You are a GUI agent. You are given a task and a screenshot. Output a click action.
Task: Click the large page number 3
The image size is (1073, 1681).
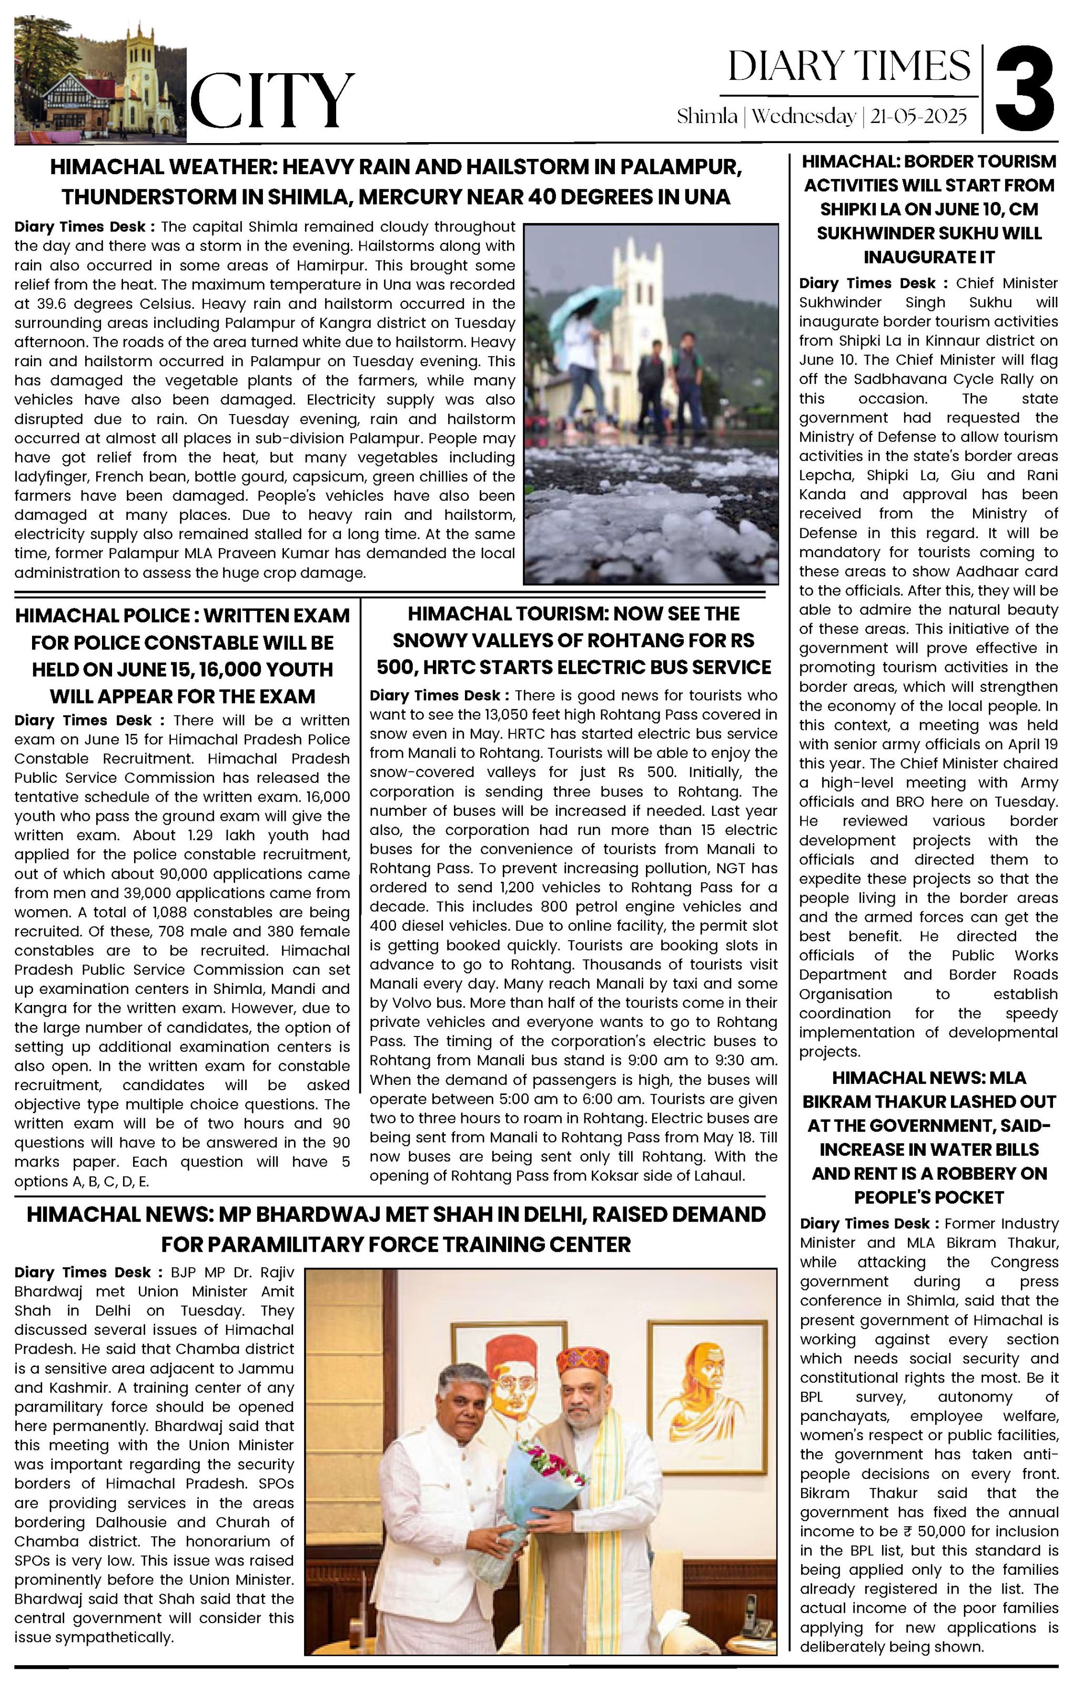1024,87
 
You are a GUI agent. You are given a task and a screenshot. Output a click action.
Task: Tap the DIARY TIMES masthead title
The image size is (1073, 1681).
849,66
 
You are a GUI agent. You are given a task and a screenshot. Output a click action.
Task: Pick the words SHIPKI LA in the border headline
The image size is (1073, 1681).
869,209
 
